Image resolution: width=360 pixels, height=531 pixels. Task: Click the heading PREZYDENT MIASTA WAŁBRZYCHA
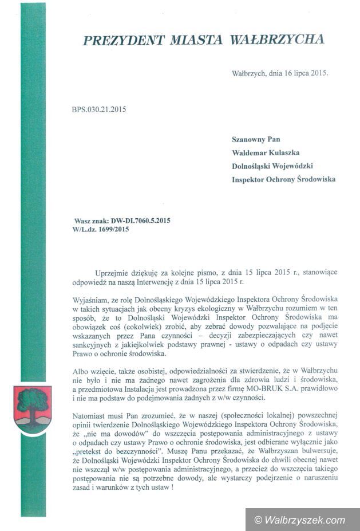(203, 40)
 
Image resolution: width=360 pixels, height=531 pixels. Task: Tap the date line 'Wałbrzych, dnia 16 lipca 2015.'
(280, 74)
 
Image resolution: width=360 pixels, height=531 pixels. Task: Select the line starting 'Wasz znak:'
(122, 220)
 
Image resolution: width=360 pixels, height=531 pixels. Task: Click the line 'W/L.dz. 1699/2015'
(101, 230)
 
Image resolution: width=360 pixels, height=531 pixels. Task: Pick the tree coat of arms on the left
(33, 408)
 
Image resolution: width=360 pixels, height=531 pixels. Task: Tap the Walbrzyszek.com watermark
(300, 520)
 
